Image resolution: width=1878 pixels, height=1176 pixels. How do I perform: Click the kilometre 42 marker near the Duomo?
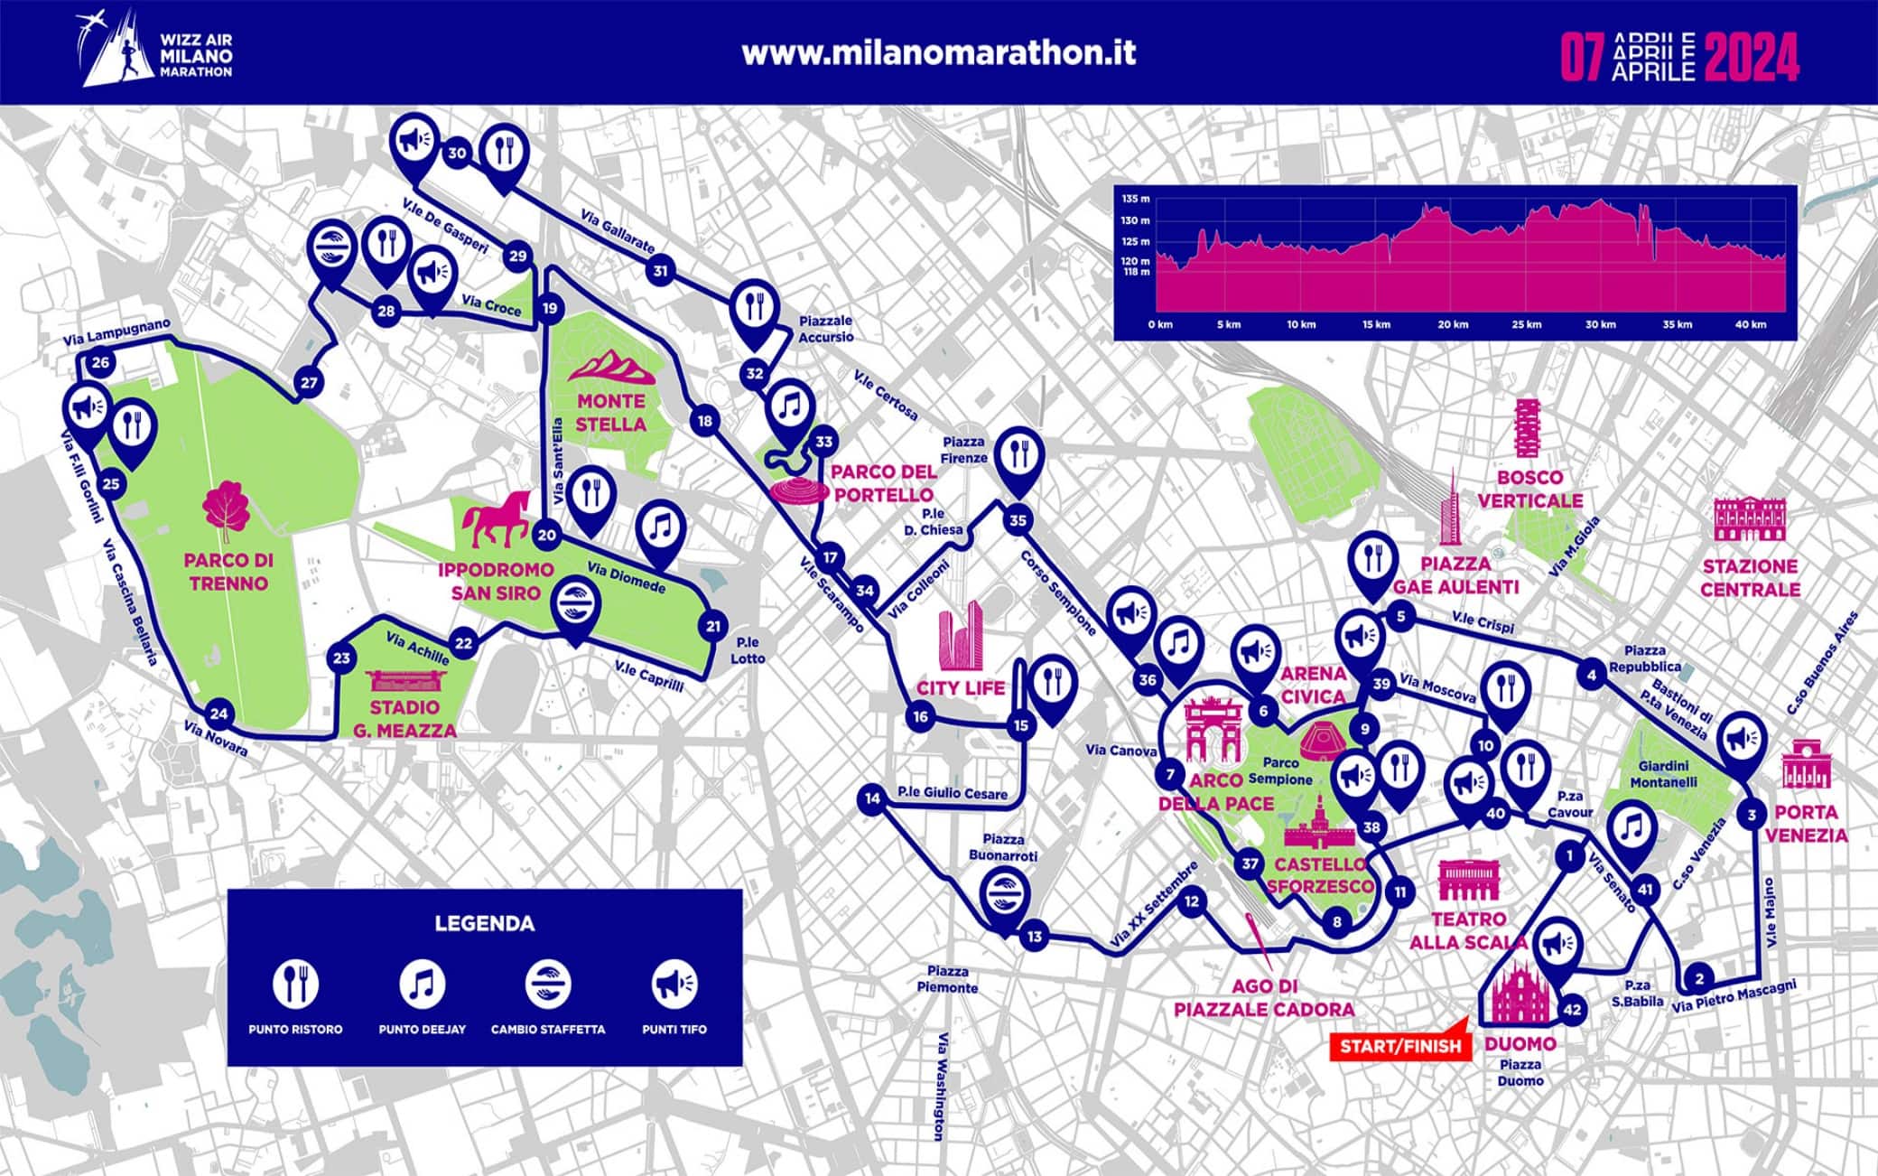pyautogui.click(x=1572, y=1009)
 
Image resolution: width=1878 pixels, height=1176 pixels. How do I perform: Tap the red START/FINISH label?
pyautogui.click(x=1399, y=1046)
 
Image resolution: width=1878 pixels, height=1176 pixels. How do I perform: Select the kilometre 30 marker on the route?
pyautogui.click(x=457, y=153)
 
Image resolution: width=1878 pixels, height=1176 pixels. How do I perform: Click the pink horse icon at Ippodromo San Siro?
pyautogui.click(x=496, y=520)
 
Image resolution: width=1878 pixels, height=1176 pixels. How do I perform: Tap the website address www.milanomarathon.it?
pyautogui.click(x=938, y=52)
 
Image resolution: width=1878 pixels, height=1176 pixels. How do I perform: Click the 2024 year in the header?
pyautogui.click(x=1751, y=58)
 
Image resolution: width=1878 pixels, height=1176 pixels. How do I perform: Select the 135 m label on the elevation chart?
pyautogui.click(x=1135, y=199)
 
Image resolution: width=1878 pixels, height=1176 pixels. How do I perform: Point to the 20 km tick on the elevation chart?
pyautogui.click(x=1452, y=324)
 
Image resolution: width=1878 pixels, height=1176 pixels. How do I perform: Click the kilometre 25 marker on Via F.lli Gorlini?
pyautogui.click(x=111, y=484)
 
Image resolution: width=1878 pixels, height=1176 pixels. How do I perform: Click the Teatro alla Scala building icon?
pyautogui.click(x=1469, y=881)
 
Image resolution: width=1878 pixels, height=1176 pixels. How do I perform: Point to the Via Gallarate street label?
pyautogui.click(x=618, y=232)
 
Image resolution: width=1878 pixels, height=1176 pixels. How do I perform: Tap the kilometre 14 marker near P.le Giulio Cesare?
pyautogui.click(x=871, y=798)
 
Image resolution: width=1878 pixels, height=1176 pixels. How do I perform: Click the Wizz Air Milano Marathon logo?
pyautogui.click(x=157, y=51)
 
